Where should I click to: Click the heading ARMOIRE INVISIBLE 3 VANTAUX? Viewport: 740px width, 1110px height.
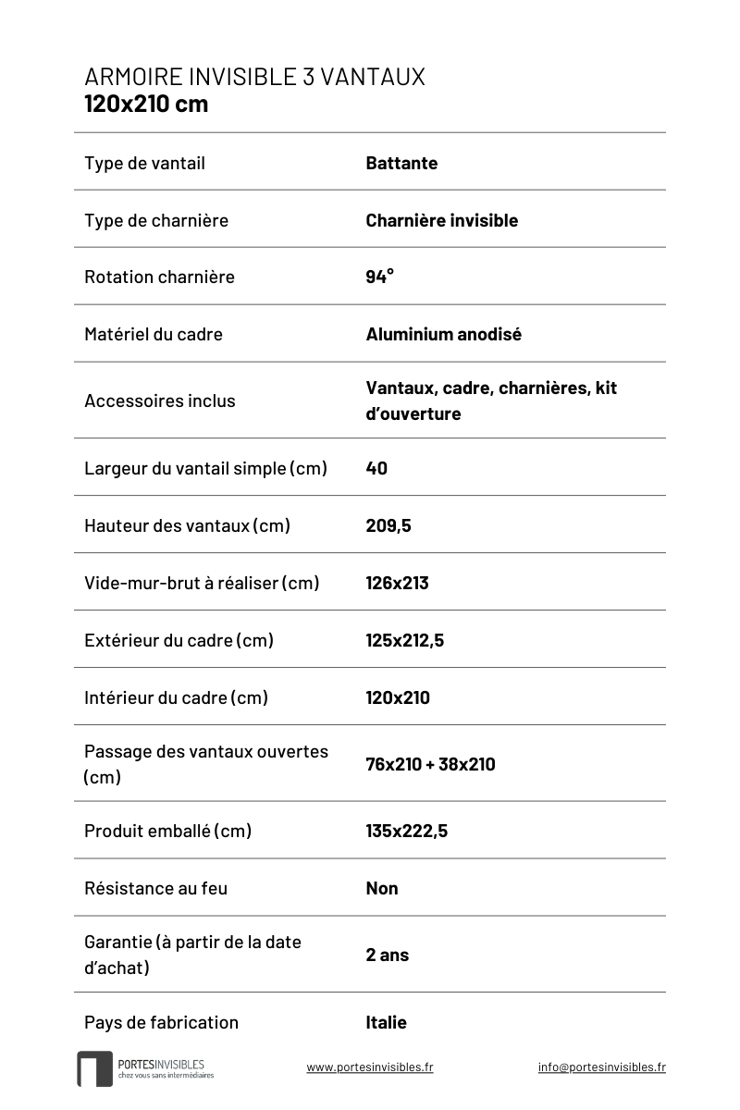(x=254, y=77)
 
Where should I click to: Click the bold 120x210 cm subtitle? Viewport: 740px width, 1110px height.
(x=146, y=104)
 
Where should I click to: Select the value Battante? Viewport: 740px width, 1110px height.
(x=401, y=164)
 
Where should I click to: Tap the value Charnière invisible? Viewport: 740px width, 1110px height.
(x=441, y=220)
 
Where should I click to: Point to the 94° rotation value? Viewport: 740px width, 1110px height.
(x=379, y=277)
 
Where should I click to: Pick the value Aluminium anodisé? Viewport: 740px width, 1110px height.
(x=443, y=334)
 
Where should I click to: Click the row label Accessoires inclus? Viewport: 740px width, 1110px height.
(x=160, y=401)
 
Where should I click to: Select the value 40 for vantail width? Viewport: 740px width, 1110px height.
(x=376, y=468)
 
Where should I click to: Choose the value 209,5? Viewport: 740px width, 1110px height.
(x=388, y=525)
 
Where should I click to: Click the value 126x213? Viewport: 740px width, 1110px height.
(x=397, y=583)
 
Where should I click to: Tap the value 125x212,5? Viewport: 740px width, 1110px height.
(x=404, y=640)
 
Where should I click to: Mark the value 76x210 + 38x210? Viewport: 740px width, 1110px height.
(x=430, y=764)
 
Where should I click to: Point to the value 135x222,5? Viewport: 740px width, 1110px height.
(x=406, y=831)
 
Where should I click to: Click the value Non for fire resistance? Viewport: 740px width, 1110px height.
(x=382, y=888)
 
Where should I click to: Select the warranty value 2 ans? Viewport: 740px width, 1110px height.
(x=387, y=955)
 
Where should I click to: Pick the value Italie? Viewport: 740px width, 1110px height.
(x=386, y=1022)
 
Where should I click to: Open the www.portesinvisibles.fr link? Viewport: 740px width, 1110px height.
(x=369, y=1067)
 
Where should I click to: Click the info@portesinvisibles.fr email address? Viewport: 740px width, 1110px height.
(x=601, y=1067)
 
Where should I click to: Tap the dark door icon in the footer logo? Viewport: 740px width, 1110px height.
(x=94, y=1069)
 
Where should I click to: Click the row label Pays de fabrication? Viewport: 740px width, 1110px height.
(x=161, y=1022)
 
